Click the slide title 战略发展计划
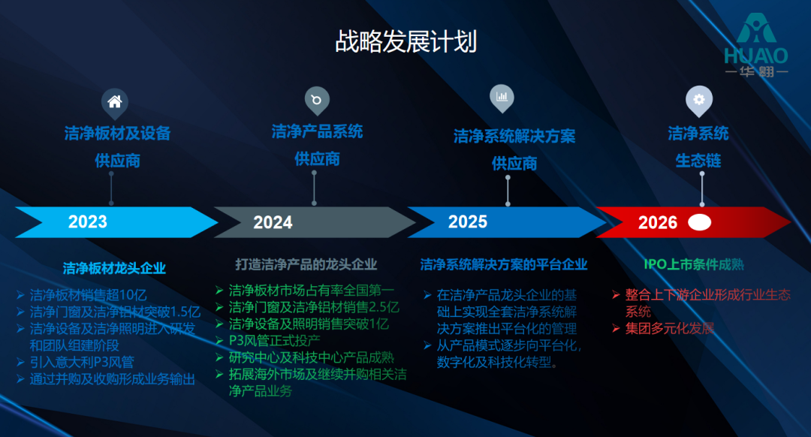405,42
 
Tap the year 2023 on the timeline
88,222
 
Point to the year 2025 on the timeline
468,222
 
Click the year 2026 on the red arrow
658,223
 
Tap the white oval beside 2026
700,222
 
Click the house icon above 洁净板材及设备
114,102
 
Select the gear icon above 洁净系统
699,99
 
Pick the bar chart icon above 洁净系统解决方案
502,97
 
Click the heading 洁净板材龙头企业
114,268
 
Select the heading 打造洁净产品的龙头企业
306,265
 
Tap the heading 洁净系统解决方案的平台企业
504,265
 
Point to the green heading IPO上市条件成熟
694,265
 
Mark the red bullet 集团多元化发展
668,329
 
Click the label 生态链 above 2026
698,161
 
